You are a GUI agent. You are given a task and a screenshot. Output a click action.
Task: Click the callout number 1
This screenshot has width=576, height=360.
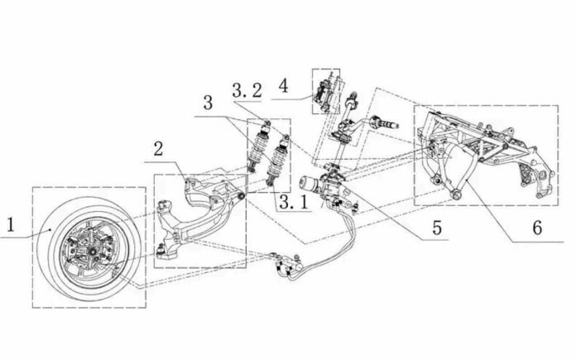(11, 224)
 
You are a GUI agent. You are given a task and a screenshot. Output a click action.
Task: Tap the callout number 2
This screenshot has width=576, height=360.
(158, 149)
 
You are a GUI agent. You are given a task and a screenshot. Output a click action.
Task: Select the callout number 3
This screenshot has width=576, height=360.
(208, 103)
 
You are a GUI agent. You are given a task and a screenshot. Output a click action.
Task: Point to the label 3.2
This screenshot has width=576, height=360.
(247, 90)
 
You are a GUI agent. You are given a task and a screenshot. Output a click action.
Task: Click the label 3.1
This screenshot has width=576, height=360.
(294, 202)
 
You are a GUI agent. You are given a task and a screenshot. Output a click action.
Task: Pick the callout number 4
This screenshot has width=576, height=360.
(283, 86)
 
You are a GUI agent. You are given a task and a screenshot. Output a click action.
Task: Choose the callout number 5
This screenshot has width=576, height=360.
(437, 228)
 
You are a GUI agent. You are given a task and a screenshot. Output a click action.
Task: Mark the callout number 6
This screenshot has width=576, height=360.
(537, 228)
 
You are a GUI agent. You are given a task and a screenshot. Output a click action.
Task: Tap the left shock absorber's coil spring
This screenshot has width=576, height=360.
(257, 147)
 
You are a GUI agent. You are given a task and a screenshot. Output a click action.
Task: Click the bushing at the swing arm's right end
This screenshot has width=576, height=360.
(242, 196)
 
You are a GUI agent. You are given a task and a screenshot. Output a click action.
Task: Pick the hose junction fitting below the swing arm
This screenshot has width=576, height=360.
(286, 264)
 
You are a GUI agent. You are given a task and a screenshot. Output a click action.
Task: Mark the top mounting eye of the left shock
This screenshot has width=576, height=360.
(267, 122)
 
